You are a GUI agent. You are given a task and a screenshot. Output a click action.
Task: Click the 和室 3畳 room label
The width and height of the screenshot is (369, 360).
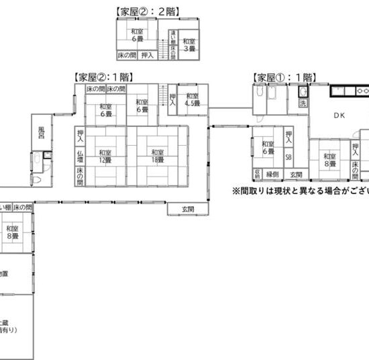click(189, 45)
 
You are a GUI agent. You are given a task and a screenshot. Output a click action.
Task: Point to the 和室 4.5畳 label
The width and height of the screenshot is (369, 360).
click(191, 99)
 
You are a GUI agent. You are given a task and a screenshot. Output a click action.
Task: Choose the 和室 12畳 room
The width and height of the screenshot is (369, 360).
click(105, 156)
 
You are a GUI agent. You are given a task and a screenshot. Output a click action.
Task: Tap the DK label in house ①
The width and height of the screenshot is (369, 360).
click(338, 116)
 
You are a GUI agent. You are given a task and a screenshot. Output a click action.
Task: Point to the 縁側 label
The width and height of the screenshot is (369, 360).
click(272, 174)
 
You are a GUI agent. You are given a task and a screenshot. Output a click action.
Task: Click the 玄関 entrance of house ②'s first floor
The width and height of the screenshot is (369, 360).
click(188, 209)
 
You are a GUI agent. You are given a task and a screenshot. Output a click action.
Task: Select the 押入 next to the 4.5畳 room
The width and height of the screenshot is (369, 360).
click(172, 99)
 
